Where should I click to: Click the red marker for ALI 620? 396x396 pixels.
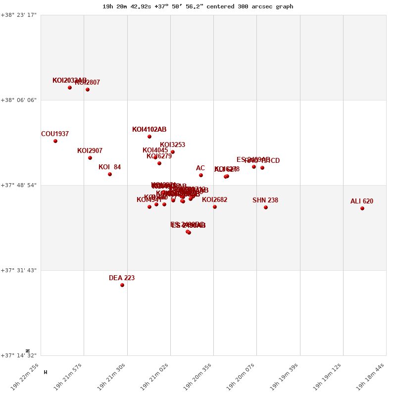click(362, 208)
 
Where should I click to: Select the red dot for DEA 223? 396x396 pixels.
click(122, 285)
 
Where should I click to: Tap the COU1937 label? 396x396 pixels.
click(55, 134)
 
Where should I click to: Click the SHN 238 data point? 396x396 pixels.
click(266, 207)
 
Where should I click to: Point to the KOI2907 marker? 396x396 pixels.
click(90, 158)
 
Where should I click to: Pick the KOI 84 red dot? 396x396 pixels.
click(110, 174)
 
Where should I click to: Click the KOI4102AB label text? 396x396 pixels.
click(149, 130)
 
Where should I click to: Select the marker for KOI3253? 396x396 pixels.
click(173, 152)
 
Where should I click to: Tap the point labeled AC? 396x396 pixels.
click(201, 175)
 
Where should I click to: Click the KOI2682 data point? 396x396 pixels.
click(215, 207)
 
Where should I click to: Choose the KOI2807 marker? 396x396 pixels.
click(88, 90)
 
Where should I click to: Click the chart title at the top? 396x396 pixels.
click(198, 6)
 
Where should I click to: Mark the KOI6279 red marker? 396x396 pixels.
click(159, 163)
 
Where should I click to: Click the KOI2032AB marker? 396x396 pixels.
click(70, 88)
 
